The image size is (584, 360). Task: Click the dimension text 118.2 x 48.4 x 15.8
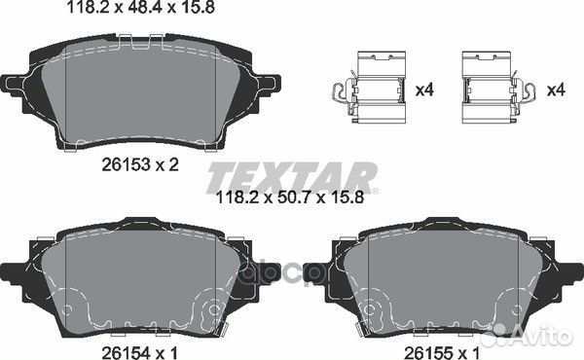141,7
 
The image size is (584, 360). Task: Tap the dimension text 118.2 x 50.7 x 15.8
290,197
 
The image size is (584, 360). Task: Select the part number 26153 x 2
140,164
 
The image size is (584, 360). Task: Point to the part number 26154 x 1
140,352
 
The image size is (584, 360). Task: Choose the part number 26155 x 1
442,352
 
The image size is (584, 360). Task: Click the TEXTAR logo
292,178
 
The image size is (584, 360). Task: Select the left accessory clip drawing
369,88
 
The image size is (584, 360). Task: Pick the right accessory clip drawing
498,88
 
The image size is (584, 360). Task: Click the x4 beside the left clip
424,90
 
